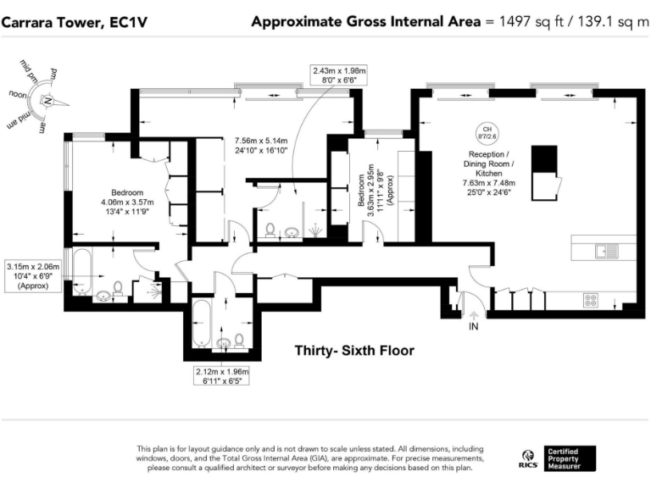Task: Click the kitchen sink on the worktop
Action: coord(604,250)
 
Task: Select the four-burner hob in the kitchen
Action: coord(590,300)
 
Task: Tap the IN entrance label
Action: coord(473,327)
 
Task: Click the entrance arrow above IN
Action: coord(473,315)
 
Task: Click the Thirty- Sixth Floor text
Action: coord(354,350)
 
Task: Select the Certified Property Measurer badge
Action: coord(570,458)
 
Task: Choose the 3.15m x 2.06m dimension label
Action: coord(34,276)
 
